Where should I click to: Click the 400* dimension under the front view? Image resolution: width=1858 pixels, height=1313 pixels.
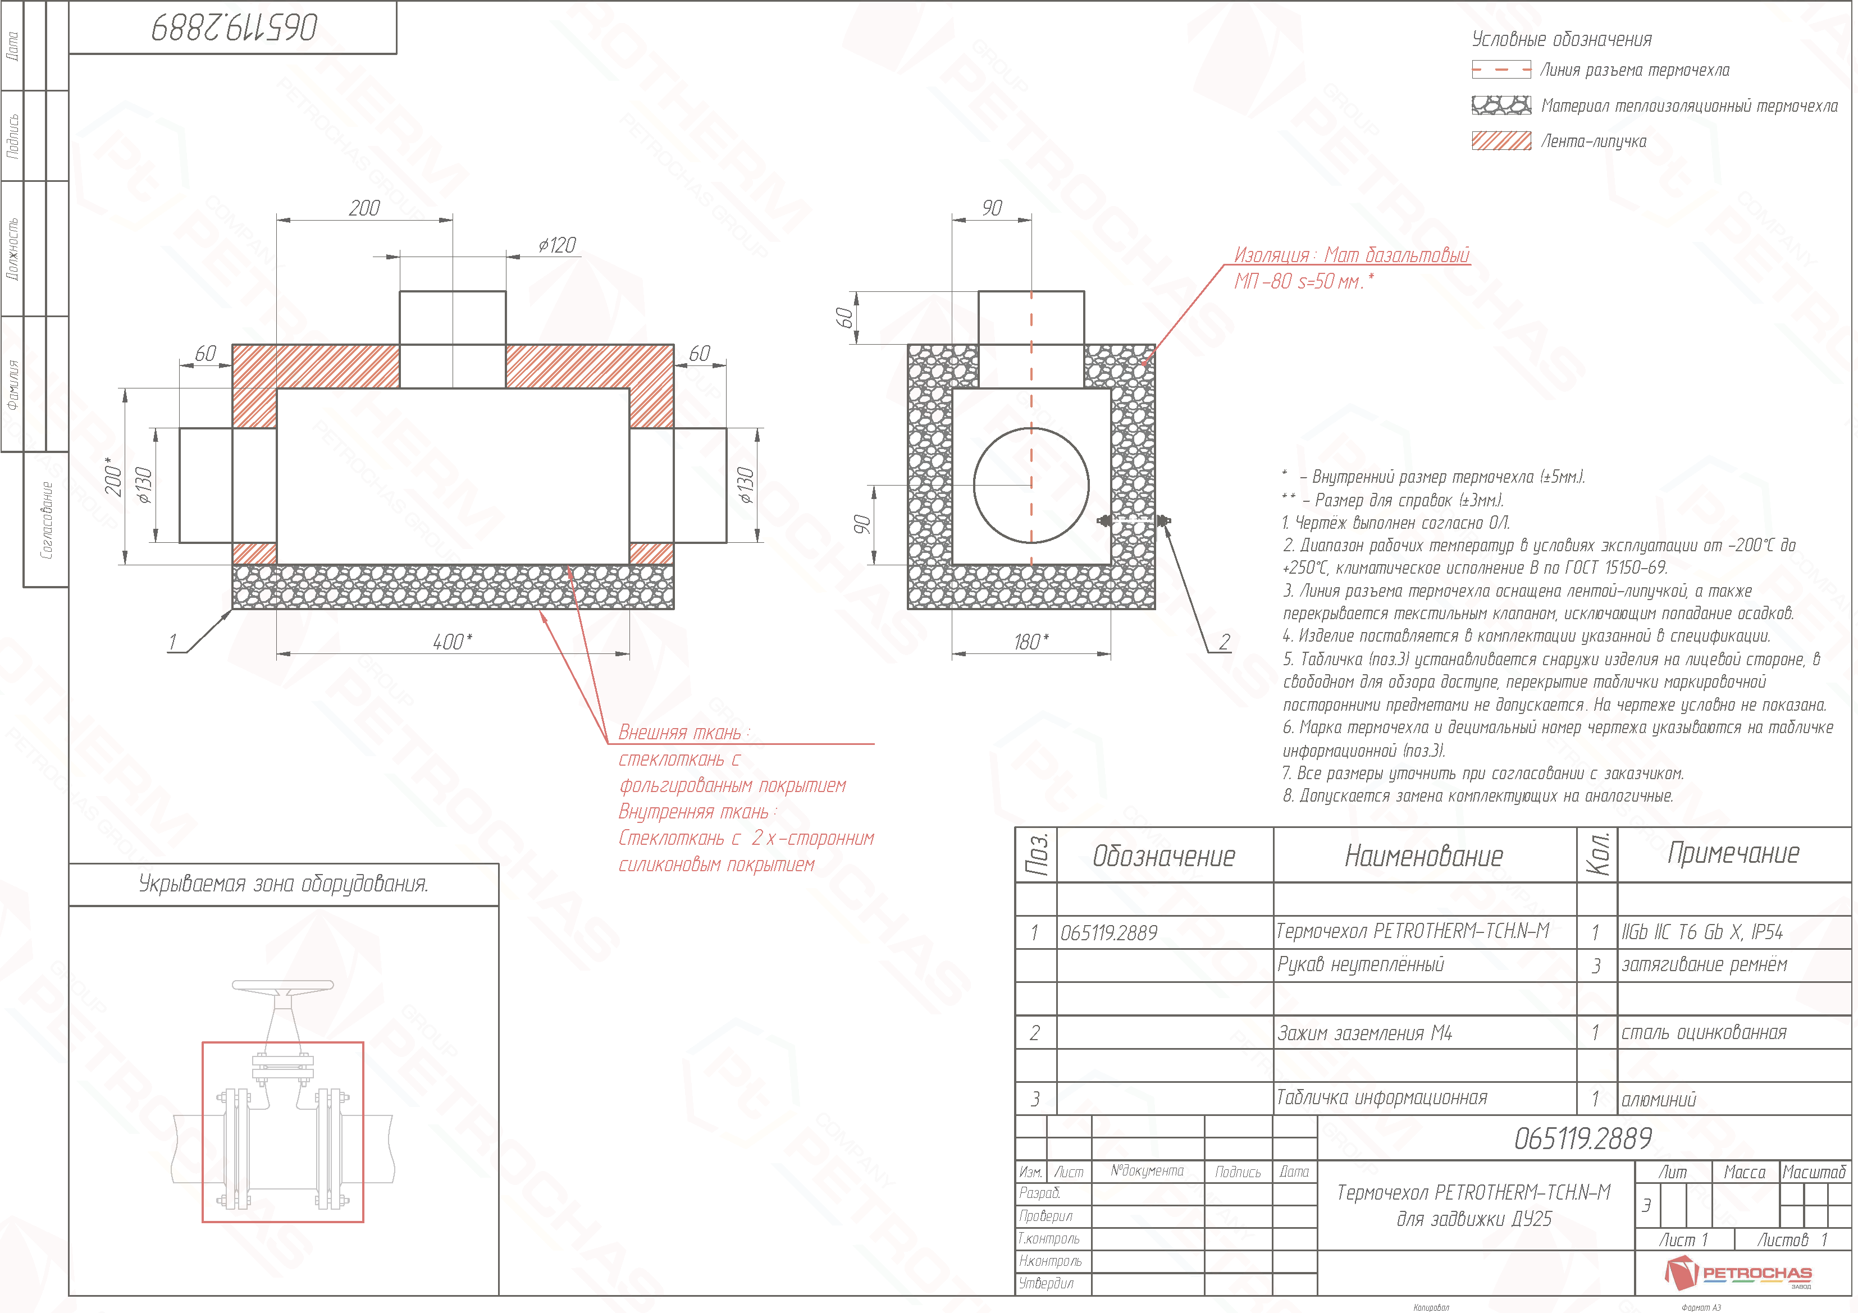(453, 642)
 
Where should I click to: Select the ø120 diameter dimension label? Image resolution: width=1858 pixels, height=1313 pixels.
(558, 245)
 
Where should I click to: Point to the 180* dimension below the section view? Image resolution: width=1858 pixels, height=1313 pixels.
(1032, 642)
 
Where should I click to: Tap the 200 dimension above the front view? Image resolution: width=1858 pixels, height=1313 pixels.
(364, 209)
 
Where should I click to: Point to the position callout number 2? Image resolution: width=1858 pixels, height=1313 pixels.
(1225, 642)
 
